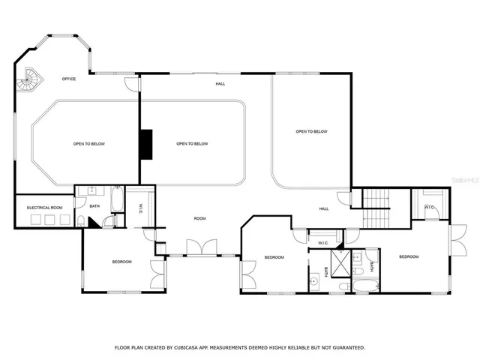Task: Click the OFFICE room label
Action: [x=69, y=79]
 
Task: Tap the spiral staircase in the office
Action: [x=31, y=78]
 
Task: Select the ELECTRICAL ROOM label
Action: [x=45, y=207]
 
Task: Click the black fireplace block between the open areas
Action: [x=147, y=144]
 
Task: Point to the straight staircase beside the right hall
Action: [x=377, y=208]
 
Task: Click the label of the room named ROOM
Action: [x=199, y=218]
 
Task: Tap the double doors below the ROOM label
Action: [x=201, y=247]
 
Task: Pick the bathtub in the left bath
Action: [x=118, y=200]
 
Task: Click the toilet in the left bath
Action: [x=82, y=220]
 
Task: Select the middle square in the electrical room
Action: [x=49, y=220]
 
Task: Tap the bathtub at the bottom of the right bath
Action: [x=367, y=286]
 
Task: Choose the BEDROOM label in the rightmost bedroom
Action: [x=409, y=257]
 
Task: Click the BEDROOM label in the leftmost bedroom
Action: [x=122, y=262]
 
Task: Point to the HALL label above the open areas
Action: [x=220, y=84]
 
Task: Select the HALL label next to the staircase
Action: [x=324, y=208]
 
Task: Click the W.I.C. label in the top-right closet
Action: [x=430, y=207]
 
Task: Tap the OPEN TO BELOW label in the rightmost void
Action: [x=311, y=132]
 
